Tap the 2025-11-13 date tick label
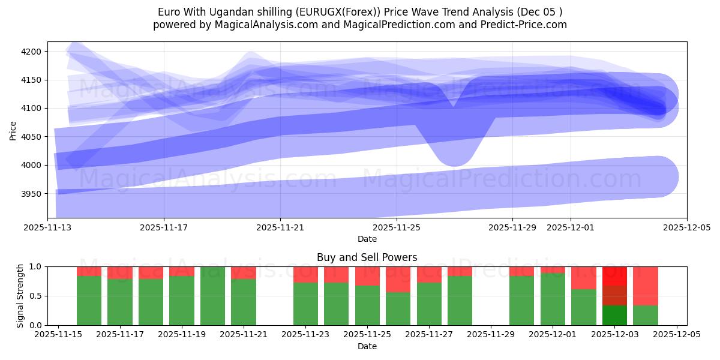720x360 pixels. coord(48,228)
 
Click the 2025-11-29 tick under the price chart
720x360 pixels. coord(512,228)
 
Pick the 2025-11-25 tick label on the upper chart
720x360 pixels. coord(396,228)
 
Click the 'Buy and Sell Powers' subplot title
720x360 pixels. coord(367,257)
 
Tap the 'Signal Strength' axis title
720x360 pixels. coord(20,295)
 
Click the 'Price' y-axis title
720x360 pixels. coord(13,130)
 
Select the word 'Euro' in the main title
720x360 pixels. coord(169,12)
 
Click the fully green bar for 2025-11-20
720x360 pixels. coord(213,296)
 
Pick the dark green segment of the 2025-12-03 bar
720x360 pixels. coord(615,316)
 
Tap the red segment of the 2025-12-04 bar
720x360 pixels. coord(646,286)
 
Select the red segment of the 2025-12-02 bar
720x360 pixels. coord(584,278)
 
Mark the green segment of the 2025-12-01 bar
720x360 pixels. coord(553,299)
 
